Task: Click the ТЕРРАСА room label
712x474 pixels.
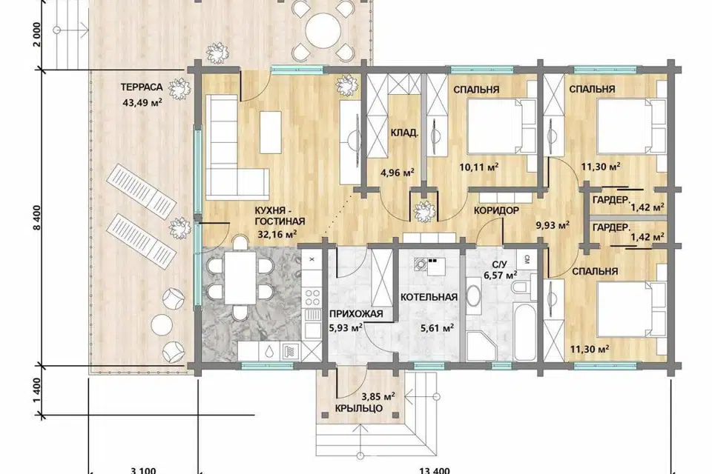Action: (142, 87)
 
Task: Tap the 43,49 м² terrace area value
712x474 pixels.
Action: (142, 102)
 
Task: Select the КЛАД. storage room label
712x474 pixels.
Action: (405, 133)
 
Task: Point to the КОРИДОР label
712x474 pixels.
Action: (496, 210)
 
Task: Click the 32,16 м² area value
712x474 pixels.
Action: (277, 233)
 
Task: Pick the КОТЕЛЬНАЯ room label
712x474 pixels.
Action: (429, 298)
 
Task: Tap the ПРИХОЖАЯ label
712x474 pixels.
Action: (356, 313)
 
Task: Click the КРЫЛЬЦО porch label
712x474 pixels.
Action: (359, 408)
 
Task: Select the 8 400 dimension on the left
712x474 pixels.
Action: (37, 218)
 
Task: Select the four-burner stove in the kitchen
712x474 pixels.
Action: (312, 298)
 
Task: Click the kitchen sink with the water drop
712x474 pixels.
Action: (269, 352)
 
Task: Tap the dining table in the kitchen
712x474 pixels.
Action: (240, 278)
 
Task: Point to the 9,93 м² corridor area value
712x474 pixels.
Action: (553, 224)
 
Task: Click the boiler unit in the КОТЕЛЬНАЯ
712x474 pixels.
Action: (430, 267)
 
